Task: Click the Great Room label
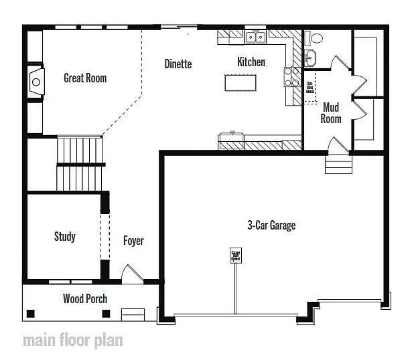click(85, 78)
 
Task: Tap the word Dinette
click(178, 64)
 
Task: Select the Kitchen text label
click(251, 62)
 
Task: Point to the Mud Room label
click(331, 113)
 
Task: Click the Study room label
click(65, 236)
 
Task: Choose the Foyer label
click(133, 241)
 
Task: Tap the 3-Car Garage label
click(271, 226)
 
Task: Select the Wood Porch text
click(85, 298)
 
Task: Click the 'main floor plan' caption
click(73, 339)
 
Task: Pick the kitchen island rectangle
click(241, 83)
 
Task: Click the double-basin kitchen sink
click(255, 37)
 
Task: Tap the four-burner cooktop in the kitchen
click(292, 77)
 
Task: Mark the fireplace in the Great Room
click(36, 82)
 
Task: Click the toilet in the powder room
click(316, 38)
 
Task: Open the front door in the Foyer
click(131, 274)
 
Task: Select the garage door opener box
click(236, 255)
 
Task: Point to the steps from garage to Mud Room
click(338, 163)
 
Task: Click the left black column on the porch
click(31, 312)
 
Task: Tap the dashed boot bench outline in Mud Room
click(310, 87)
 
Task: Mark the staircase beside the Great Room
click(80, 163)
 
